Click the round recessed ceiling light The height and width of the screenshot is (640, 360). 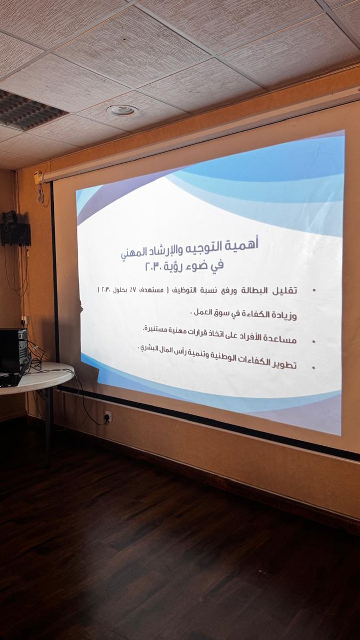(123, 110)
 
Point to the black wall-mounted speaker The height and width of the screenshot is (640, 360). (15, 233)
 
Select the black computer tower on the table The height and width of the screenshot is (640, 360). (13, 352)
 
